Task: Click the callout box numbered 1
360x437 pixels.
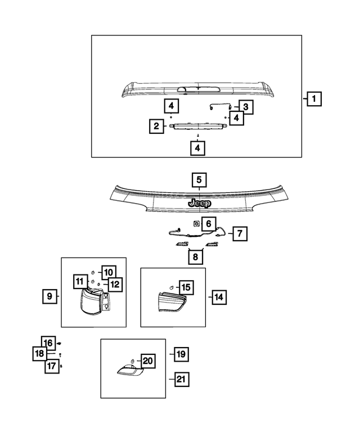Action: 314,98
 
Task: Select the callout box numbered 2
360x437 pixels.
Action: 156,126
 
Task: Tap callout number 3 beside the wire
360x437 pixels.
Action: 246,107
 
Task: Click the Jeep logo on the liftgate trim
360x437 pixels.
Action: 200,203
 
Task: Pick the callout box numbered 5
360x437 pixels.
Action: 199,180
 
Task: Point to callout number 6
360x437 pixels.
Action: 209,223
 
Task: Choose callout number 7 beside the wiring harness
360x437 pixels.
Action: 240,233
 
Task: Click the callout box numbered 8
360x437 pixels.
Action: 195,256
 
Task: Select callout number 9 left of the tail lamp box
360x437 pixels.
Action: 49,296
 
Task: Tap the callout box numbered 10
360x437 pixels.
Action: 109,272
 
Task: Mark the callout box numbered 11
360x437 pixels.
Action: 80,281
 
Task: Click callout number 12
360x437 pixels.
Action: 115,284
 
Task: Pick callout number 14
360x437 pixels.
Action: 219,297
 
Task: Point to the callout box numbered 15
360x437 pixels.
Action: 186,287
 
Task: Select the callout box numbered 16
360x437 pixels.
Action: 48,343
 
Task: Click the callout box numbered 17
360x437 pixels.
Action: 52,366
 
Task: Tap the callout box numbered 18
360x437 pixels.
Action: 40,353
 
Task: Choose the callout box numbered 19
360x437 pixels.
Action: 181,354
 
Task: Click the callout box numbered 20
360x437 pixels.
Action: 148,361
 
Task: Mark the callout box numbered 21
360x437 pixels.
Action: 182,379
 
